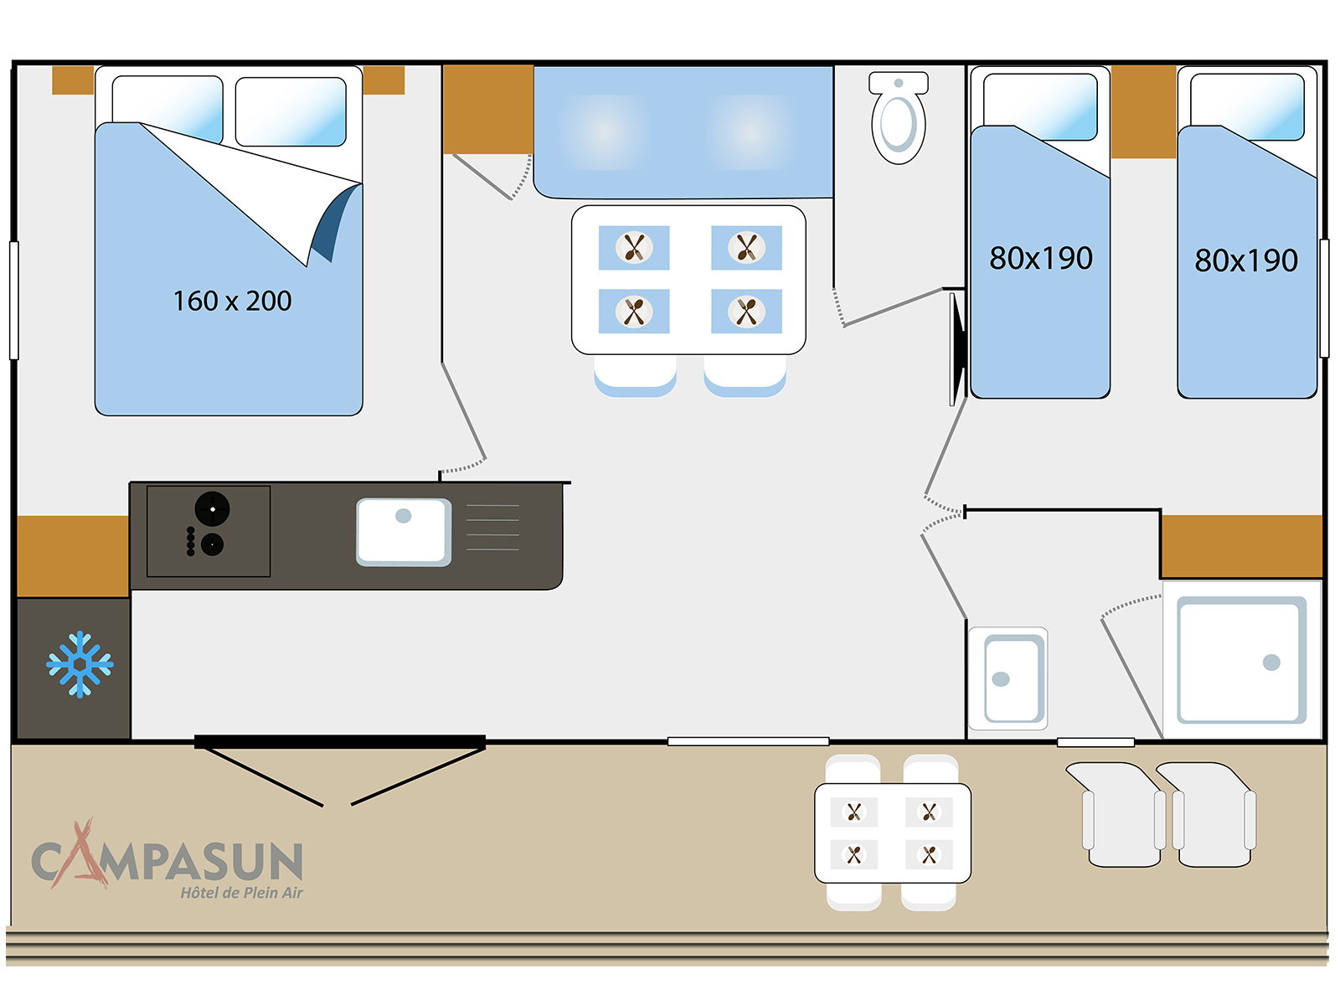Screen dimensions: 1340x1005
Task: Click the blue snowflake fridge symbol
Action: [x=80, y=664]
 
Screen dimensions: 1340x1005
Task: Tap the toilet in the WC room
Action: [x=898, y=118]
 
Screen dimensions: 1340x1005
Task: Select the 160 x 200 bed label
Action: [x=233, y=301]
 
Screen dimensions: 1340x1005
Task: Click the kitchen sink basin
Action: [x=404, y=532]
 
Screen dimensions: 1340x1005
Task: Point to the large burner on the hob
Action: [x=212, y=508]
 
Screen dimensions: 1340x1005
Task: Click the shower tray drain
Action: [x=1271, y=662]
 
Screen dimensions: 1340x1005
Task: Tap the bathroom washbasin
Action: [x=1008, y=678]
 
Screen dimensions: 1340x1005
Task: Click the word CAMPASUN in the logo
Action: [x=167, y=860]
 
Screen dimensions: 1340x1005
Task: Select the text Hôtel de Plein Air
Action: [x=242, y=893]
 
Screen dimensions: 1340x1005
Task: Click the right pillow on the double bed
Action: [x=291, y=111]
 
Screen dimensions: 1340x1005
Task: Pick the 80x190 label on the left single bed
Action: [x=1041, y=258]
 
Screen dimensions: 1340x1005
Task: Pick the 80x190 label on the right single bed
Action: [x=1246, y=260]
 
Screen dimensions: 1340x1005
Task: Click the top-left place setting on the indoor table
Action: [x=634, y=248]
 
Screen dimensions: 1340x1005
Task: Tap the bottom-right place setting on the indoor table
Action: [x=746, y=312]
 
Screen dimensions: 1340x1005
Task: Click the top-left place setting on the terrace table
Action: [x=854, y=812]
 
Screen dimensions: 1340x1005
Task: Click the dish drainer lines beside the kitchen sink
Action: [x=492, y=528]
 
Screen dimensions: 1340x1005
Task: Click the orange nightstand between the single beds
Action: [x=1143, y=111]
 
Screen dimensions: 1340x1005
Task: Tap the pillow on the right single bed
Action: [x=1247, y=107]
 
